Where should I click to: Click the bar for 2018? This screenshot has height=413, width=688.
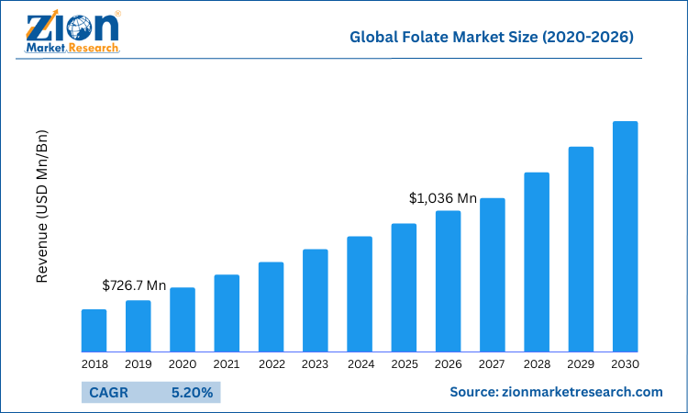[x=94, y=330]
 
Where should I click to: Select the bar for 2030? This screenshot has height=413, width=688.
[x=625, y=236]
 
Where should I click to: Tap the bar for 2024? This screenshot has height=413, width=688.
[x=360, y=294]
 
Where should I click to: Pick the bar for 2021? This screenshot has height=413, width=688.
[x=227, y=313]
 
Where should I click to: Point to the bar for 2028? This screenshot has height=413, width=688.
[x=537, y=262]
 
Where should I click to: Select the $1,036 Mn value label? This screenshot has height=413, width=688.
[x=443, y=198]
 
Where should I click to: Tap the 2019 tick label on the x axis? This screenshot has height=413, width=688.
[x=138, y=364]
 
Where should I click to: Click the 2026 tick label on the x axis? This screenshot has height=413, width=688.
[x=448, y=364]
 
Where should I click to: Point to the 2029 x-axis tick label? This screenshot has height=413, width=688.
[x=581, y=364]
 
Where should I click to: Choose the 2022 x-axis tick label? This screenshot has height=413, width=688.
[x=271, y=364]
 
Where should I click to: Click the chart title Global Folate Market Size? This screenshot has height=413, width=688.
[x=491, y=38]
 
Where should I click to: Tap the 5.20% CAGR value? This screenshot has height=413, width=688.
[x=192, y=393]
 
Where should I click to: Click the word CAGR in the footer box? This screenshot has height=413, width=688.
[x=109, y=393]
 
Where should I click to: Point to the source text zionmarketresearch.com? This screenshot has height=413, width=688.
[x=556, y=392]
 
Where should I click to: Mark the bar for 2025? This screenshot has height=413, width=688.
[x=404, y=287]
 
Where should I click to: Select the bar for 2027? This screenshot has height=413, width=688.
[x=493, y=274]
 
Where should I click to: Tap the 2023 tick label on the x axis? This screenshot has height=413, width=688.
[x=315, y=364]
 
